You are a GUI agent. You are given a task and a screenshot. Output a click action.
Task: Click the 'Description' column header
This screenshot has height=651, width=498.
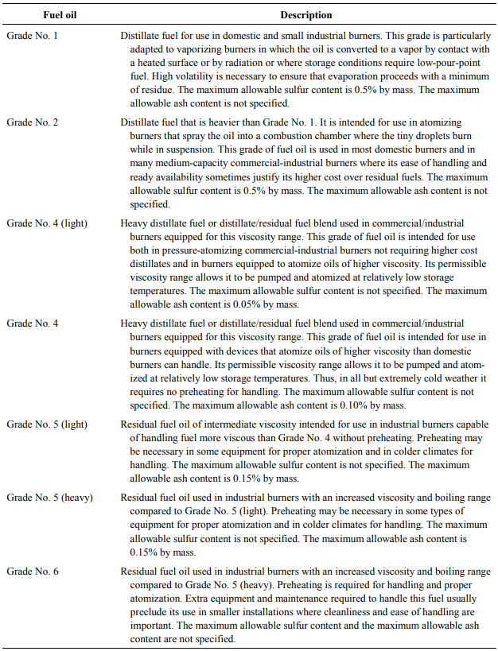[306, 15]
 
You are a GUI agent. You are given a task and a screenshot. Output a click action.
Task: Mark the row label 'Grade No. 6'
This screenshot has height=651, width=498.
[32, 572]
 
